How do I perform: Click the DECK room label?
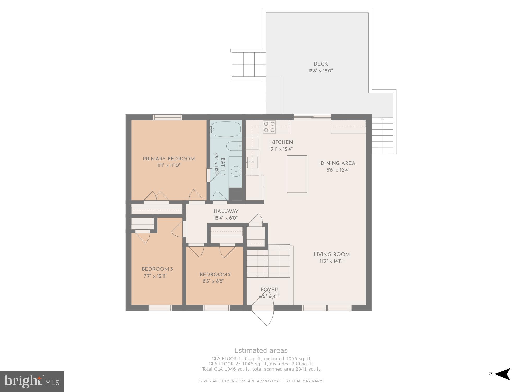point(321,64)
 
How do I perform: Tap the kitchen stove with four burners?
point(269,127)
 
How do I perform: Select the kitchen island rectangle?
point(297,174)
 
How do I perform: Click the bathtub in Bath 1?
point(226,129)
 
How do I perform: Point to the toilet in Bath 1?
point(234,146)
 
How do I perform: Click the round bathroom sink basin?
point(236,172)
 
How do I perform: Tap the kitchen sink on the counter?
point(252,162)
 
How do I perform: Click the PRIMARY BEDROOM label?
point(169,159)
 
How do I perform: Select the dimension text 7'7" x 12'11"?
point(155,276)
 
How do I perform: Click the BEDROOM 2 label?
point(215,275)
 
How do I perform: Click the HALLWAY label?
point(226,211)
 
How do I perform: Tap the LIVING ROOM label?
point(331,255)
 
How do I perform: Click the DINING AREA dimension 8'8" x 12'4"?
point(338,170)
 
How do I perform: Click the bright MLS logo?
point(32,381)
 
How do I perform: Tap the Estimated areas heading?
point(261,350)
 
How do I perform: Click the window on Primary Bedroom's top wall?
point(167,117)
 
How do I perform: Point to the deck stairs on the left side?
point(249,64)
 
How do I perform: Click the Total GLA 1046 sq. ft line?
point(261,369)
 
